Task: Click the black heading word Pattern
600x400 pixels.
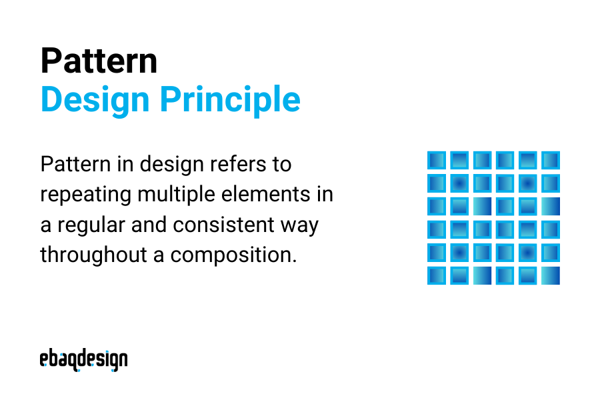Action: pyautogui.click(x=99, y=61)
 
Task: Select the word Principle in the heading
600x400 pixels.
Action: pyautogui.click(x=229, y=99)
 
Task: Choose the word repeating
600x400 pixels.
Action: pyautogui.click(x=85, y=195)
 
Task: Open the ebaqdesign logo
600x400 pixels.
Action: pyautogui.click(x=83, y=360)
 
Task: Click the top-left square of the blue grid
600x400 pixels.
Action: pyautogui.click(x=436, y=161)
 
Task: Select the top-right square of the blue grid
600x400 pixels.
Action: pyautogui.click(x=551, y=161)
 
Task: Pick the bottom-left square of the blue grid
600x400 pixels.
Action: pyautogui.click(x=436, y=275)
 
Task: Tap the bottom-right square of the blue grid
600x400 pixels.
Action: pyautogui.click(x=551, y=275)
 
